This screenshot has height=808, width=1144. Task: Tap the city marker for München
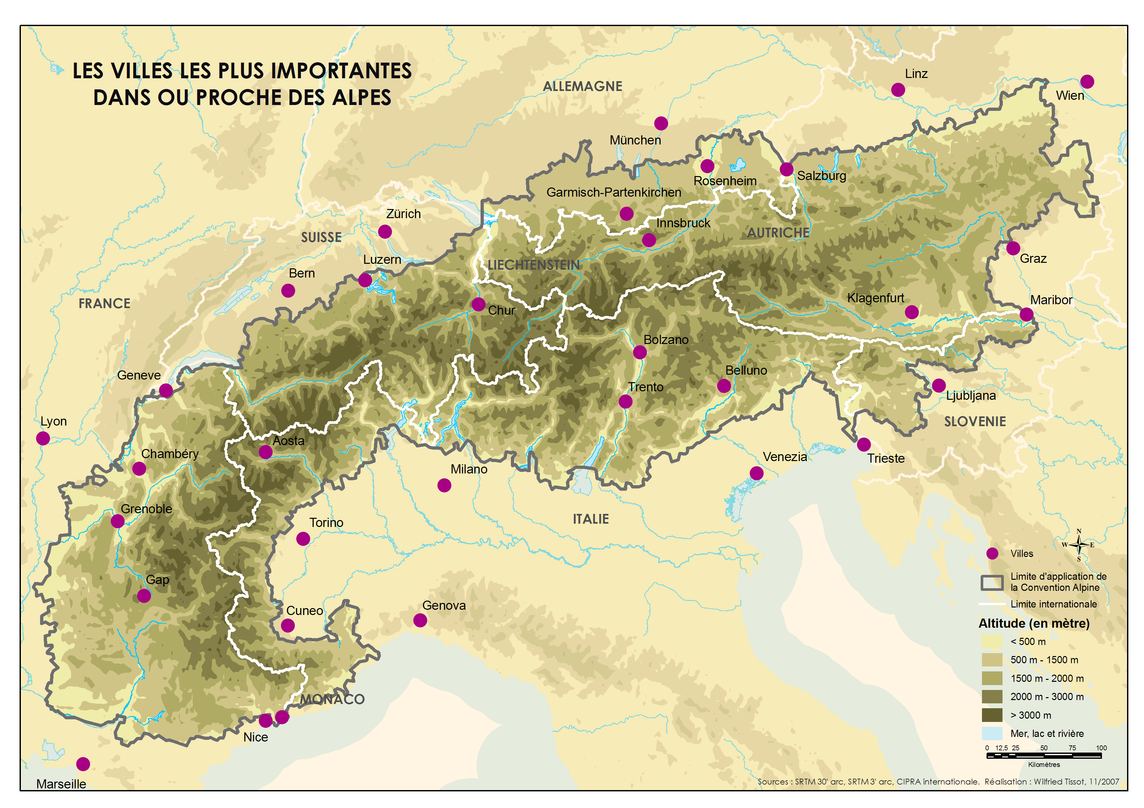(x=661, y=123)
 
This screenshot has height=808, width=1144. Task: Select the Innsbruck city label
(x=683, y=223)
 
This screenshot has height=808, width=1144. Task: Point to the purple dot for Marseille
(x=83, y=764)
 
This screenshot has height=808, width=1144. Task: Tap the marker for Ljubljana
(x=939, y=385)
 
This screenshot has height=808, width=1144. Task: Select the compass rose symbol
(x=1079, y=545)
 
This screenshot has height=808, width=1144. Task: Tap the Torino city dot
(x=303, y=539)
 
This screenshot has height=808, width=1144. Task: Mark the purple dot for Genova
(x=420, y=620)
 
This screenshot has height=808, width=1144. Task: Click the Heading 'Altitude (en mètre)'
(x=1034, y=623)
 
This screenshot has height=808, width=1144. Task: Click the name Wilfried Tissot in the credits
(x=1059, y=782)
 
